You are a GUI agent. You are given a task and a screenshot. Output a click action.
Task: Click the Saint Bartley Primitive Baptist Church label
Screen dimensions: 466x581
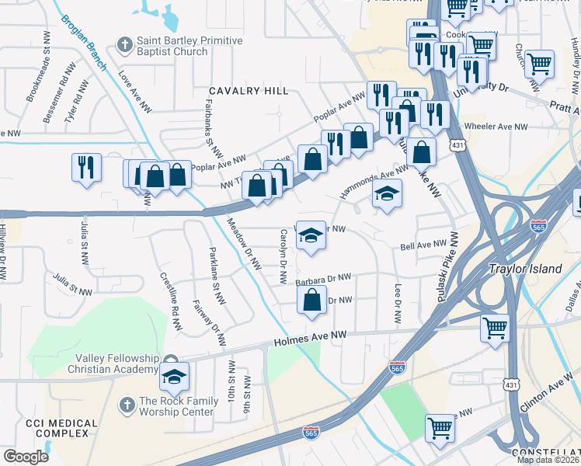[172, 46]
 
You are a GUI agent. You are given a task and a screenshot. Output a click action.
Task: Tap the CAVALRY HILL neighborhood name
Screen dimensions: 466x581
[247, 92]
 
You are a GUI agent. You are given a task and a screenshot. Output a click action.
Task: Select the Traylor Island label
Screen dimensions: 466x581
[525, 269]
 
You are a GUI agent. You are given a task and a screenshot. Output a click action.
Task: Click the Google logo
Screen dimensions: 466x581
[26, 456]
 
